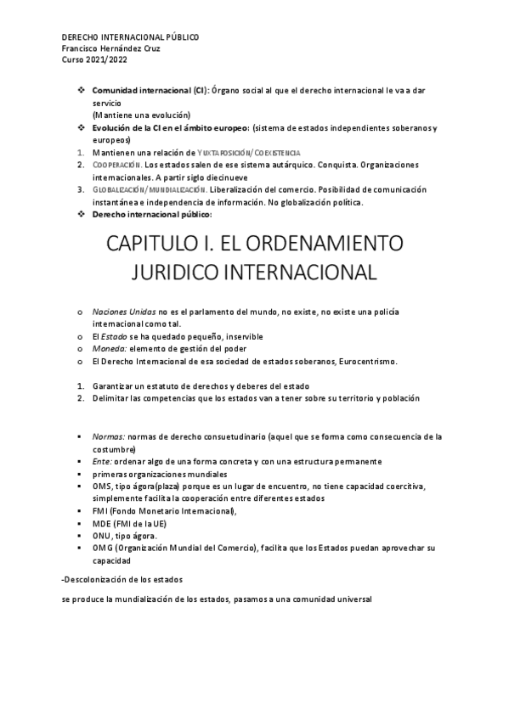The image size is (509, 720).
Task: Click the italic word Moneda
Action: [x=110, y=349]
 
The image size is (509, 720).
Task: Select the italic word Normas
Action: [x=109, y=436]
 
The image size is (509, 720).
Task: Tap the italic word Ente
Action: [x=103, y=461]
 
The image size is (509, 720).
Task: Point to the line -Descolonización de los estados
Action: [x=122, y=579]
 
